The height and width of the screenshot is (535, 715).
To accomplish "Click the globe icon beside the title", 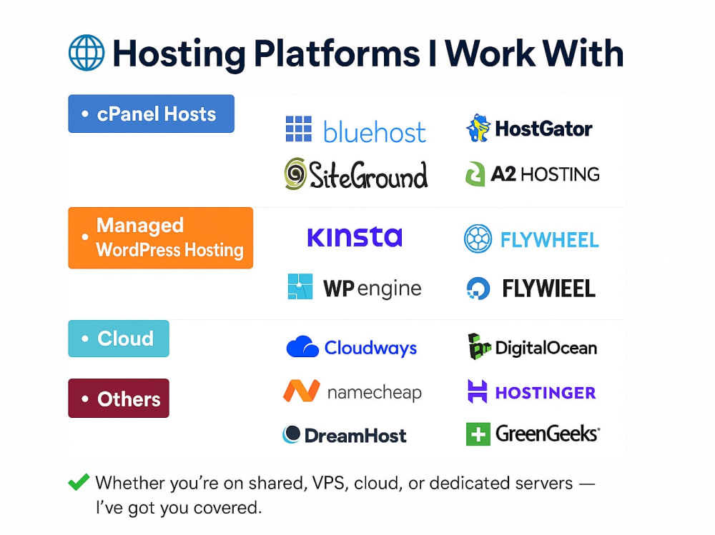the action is pos(87,53).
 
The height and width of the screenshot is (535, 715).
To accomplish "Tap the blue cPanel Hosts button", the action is pos(152,114).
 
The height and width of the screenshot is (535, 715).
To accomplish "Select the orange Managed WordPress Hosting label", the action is pos(160,238).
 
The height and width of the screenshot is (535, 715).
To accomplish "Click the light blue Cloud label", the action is pos(119,339).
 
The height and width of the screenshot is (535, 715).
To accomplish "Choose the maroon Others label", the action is pos(119,399).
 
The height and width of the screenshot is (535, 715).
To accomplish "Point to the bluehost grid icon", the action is pos(299,129).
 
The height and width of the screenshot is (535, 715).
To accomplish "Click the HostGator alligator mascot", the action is pos(478,128).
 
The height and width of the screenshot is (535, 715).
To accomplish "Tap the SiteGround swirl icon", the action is pos(295,174).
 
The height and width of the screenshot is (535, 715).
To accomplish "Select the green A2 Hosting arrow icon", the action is pos(475,174).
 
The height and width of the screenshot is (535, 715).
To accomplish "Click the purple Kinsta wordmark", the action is pos(355,237).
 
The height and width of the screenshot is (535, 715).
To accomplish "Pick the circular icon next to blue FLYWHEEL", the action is pos(478,239).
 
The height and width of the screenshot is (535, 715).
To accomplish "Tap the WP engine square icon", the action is pos(300,286).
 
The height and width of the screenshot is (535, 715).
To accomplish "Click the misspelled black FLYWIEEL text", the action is pos(548,289).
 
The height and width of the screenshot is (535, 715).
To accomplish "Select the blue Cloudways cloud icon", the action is pos(302,346).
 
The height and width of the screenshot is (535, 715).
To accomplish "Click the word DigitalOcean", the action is pos(546,348).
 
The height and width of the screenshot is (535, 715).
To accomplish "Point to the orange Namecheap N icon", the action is pos(302,391).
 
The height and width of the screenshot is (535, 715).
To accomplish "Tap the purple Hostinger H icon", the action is pos(478,391).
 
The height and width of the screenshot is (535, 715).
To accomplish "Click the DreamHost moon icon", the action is pos(292,434).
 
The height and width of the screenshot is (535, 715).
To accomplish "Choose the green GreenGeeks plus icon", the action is pos(478,434).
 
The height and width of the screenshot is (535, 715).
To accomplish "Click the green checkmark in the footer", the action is pos(79,482).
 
